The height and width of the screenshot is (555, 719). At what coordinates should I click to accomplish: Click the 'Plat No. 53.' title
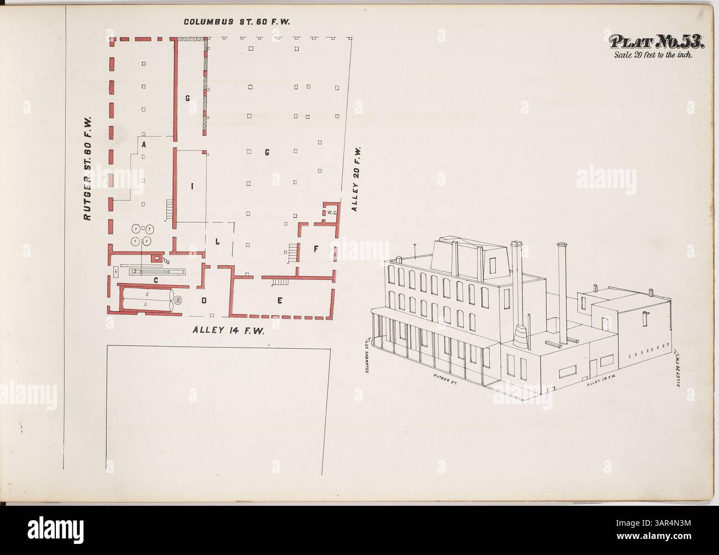(x=657, y=42)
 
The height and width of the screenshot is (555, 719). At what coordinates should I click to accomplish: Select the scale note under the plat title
(x=657, y=55)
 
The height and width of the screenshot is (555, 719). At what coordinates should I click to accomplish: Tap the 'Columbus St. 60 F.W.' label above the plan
(x=237, y=22)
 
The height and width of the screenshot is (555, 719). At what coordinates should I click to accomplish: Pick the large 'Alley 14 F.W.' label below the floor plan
(x=227, y=331)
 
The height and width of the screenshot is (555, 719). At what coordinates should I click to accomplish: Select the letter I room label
(x=192, y=186)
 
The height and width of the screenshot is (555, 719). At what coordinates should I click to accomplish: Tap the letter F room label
(x=316, y=249)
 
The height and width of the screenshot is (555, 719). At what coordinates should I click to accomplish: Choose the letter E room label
(x=280, y=301)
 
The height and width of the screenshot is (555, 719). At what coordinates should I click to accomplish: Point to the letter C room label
(x=156, y=280)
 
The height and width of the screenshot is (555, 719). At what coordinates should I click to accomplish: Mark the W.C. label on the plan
(x=332, y=212)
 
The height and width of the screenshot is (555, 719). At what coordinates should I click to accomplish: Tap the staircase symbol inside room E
(x=280, y=282)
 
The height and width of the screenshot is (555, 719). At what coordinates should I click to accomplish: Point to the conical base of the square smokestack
(x=520, y=334)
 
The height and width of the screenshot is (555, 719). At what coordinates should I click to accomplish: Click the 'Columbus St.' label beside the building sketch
(x=367, y=357)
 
